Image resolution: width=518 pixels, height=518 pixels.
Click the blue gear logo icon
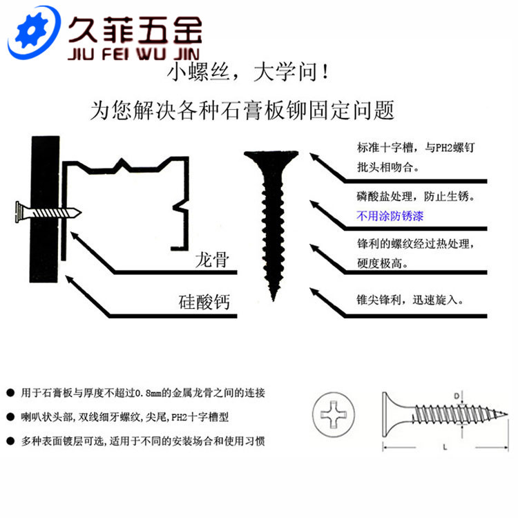coord(33,32)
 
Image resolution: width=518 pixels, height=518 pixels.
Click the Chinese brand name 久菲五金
coord(135,30)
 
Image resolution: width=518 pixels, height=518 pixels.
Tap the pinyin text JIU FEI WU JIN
coord(134,54)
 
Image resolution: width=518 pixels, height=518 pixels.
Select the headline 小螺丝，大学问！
coord(248,72)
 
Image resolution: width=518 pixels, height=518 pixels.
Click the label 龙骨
coord(212,260)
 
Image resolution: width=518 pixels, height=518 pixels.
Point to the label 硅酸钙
coord(204,302)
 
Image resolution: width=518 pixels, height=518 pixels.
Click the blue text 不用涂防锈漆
coord(390,216)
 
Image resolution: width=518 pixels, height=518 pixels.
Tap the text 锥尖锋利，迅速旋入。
coord(410,300)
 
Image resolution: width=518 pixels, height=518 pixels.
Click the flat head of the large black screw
coord(271,155)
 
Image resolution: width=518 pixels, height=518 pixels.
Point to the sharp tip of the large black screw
coord(274,300)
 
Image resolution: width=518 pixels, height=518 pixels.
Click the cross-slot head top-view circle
coord(334,414)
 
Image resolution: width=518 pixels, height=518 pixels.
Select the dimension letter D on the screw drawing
coord(457,396)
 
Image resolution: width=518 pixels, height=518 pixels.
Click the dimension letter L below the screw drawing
coord(445,448)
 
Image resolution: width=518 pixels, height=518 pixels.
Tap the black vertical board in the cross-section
coord(45,209)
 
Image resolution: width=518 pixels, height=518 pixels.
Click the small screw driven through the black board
coord(48,213)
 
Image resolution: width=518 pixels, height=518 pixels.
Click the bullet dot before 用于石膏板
coord(10,393)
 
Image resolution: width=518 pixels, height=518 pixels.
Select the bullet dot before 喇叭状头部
coord(10,417)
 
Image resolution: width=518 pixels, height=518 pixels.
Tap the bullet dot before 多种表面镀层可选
coord(10,441)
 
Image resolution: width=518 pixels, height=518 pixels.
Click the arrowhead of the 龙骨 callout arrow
coord(75,236)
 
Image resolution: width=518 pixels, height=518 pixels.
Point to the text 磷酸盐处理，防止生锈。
coord(416,197)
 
